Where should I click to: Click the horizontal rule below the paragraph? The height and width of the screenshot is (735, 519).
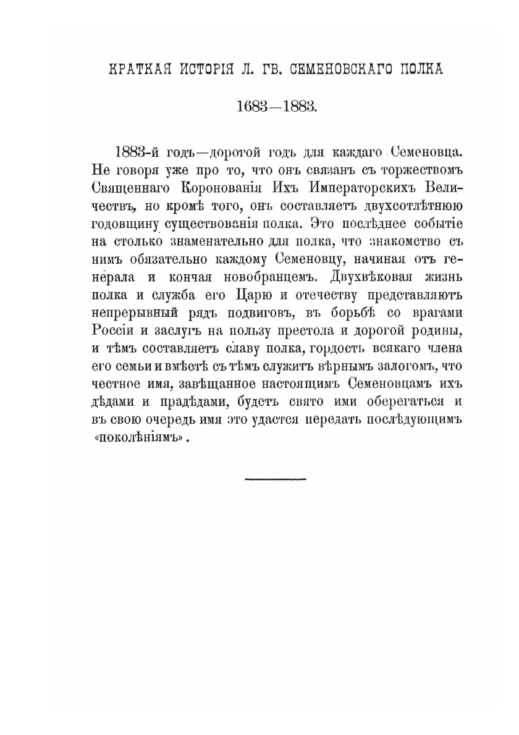276,478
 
